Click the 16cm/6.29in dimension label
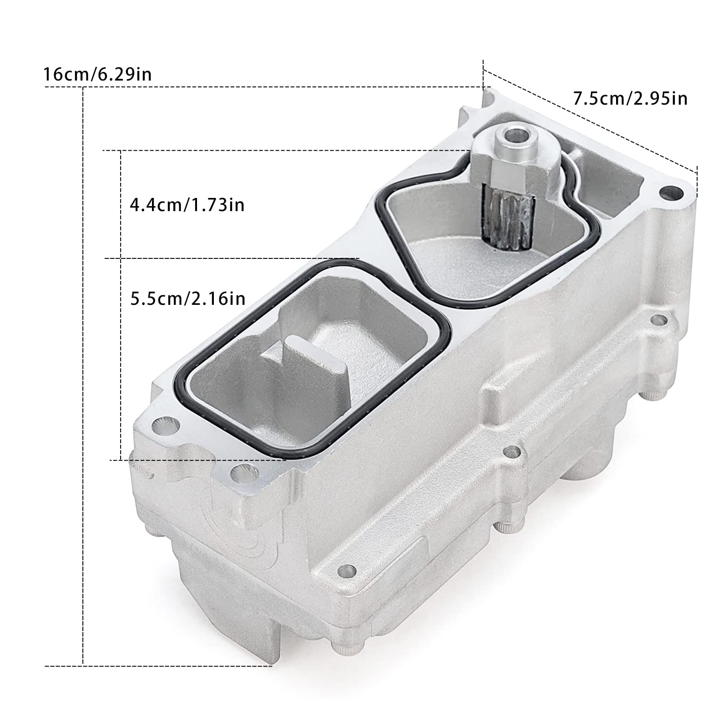pyautogui.click(x=97, y=74)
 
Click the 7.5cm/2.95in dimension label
pyautogui.click(x=630, y=98)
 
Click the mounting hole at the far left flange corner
pyautogui.click(x=162, y=426)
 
